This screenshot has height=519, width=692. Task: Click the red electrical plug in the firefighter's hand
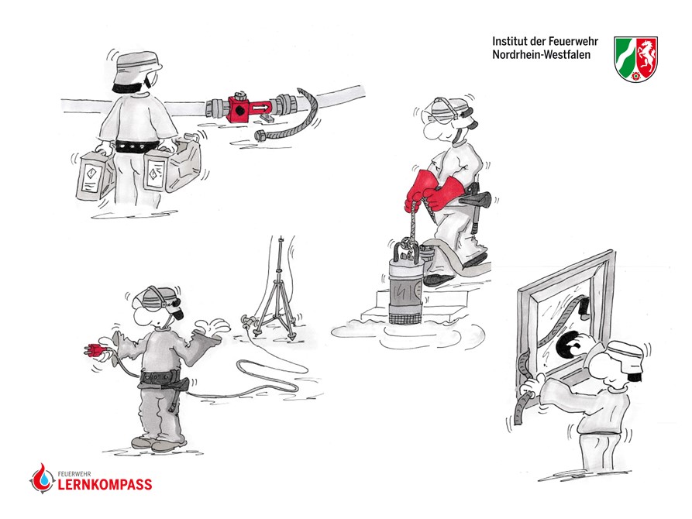(94, 350)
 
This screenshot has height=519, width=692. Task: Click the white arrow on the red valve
(260, 107)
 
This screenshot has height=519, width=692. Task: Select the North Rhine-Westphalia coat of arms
(635, 59)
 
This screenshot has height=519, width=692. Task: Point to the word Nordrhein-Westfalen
(541, 55)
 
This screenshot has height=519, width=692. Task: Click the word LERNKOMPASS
(105, 485)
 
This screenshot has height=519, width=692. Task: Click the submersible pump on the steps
(405, 284)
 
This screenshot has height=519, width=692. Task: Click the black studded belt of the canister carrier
(137, 145)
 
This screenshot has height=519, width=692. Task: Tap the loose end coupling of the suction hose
(260, 136)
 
